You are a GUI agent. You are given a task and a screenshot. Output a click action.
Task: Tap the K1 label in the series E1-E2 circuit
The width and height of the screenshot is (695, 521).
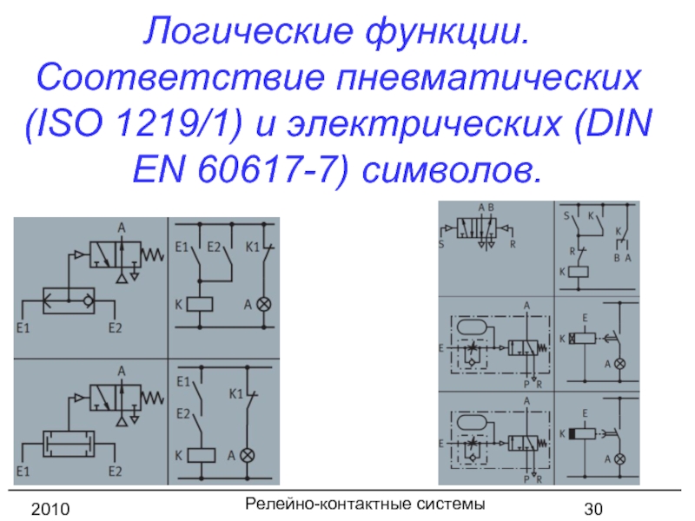(235, 394)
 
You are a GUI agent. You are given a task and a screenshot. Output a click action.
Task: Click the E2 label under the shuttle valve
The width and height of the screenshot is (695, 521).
(116, 328)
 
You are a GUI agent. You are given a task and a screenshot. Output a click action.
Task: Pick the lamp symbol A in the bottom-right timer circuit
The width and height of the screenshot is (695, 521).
(619, 458)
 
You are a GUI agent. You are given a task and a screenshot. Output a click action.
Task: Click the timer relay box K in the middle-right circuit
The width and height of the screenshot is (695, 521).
(586, 339)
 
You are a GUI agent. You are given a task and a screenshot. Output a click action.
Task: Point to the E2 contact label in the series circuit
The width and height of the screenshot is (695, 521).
(183, 413)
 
